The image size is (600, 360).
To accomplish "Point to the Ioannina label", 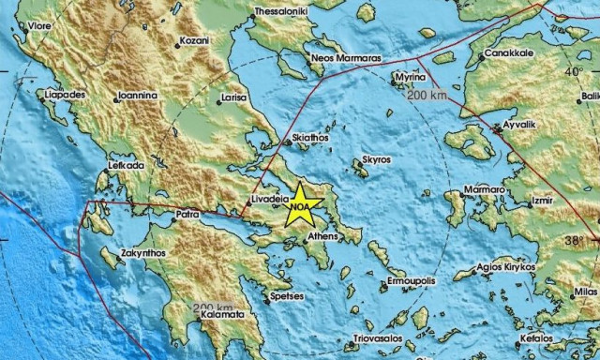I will (142, 96).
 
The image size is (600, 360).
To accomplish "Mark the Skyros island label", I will (376, 160).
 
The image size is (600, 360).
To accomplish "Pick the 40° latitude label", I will (572, 71).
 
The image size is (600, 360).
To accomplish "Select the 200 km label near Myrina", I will (427, 96).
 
